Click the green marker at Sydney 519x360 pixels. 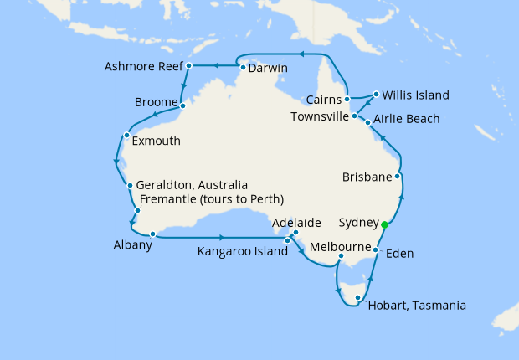(384, 224)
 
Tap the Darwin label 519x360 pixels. (269, 68)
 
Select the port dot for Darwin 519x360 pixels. (243, 68)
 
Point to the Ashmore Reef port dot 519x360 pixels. (189, 65)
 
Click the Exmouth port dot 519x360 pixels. (126, 135)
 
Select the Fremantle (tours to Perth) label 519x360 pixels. (213, 199)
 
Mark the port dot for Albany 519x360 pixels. (153, 234)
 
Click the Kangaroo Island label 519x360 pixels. (239, 250)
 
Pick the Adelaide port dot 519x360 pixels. (295, 233)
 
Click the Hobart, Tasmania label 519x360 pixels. (417, 306)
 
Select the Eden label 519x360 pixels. (400, 252)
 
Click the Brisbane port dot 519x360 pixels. (398, 177)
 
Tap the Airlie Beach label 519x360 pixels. (406, 119)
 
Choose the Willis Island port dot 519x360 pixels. (377, 94)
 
